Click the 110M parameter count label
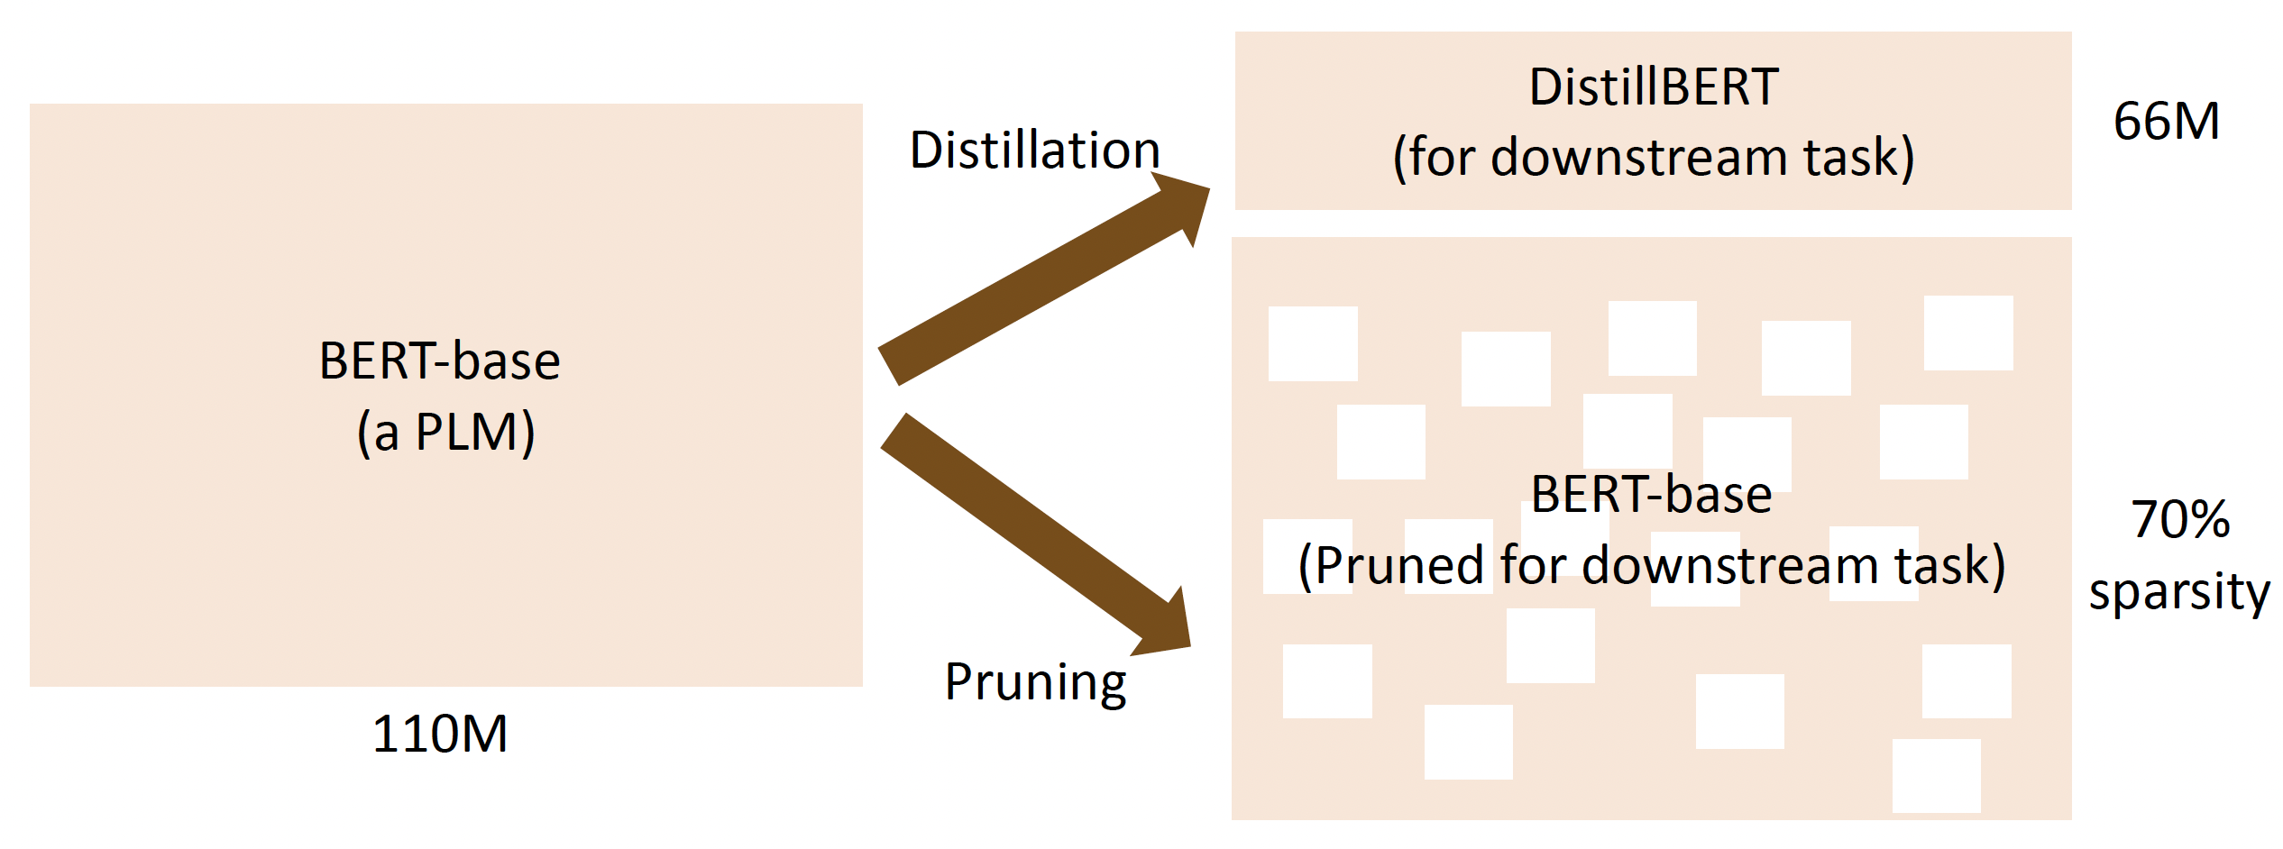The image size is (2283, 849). pyautogui.click(x=440, y=734)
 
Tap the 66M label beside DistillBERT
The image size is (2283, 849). pyautogui.click(x=2166, y=121)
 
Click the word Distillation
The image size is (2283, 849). pyautogui.click(x=1034, y=150)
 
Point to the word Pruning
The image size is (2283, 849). pyautogui.click(x=1035, y=681)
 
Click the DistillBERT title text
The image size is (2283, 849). pyautogui.click(x=1654, y=87)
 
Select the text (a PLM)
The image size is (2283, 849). pyautogui.click(x=445, y=432)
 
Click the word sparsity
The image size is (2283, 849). pyautogui.click(x=2179, y=592)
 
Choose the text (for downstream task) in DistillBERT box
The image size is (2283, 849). pyautogui.click(x=1654, y=157)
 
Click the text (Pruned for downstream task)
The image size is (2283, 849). pyautogui.click(x=1652, y=565)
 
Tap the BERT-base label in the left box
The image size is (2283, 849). pyautogui.click(x=440, y=361)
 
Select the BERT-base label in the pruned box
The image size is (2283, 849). pyautogui.click(x=1652, y=494)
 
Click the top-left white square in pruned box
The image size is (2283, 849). pyautogui.click(x=1313, y=343)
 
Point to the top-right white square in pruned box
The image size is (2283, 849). pyautogui.click(x=1968, y=333)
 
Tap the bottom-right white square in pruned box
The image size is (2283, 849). pyautogui.click(x=1936, y=775)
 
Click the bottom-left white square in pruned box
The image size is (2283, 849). pyautogui.click(x=1327, y=681)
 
